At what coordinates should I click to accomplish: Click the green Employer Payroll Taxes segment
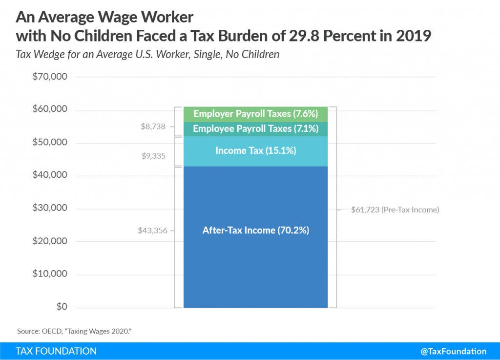click(255, 114)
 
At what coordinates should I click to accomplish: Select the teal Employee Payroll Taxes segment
click(255, 129)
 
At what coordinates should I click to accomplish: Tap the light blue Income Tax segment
click(255, 151)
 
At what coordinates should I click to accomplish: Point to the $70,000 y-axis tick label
click(49, 77)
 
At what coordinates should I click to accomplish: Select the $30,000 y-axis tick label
click(49, 208)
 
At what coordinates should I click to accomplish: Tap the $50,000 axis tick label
click(49, 143)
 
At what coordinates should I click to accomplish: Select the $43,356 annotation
click(152, 230)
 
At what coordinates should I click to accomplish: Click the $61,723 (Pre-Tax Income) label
click(395, 210)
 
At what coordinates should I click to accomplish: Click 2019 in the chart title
click(414, 37)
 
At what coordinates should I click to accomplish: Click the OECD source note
click(74, 331)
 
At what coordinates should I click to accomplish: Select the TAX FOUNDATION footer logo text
click(56, 351)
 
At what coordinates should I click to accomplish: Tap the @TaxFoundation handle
click(454, 351)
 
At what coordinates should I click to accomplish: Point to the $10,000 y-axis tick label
click(49, 274)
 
